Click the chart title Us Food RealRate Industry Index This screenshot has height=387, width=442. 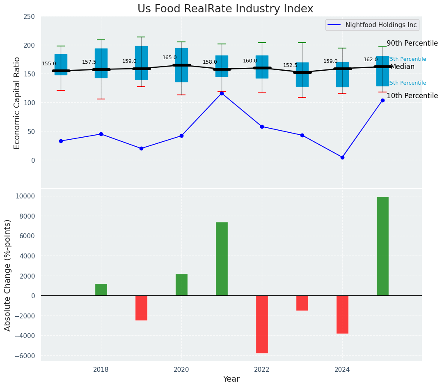coord(225,9)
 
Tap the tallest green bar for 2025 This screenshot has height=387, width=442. coord(382,246)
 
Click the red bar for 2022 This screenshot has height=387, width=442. coord(262,324)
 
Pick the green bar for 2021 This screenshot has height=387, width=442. coord(222,259)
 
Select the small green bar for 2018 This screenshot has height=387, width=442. coord(101,290)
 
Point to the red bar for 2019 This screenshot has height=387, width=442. coord(141,308)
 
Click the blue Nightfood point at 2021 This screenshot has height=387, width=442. coord(222,93)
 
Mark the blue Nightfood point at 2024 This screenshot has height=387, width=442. coord(342,157)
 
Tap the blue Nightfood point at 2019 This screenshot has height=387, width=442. coord(141,148)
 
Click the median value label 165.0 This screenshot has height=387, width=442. coord(169,58)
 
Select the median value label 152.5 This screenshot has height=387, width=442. coord(290,65)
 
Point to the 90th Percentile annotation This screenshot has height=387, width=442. coord(412,44)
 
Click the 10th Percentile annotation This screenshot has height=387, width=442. coord(412,96)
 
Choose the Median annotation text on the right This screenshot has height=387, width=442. coord(403,67)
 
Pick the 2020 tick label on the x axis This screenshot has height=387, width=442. coord(181,370)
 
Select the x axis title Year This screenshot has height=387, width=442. coord(231,379)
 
